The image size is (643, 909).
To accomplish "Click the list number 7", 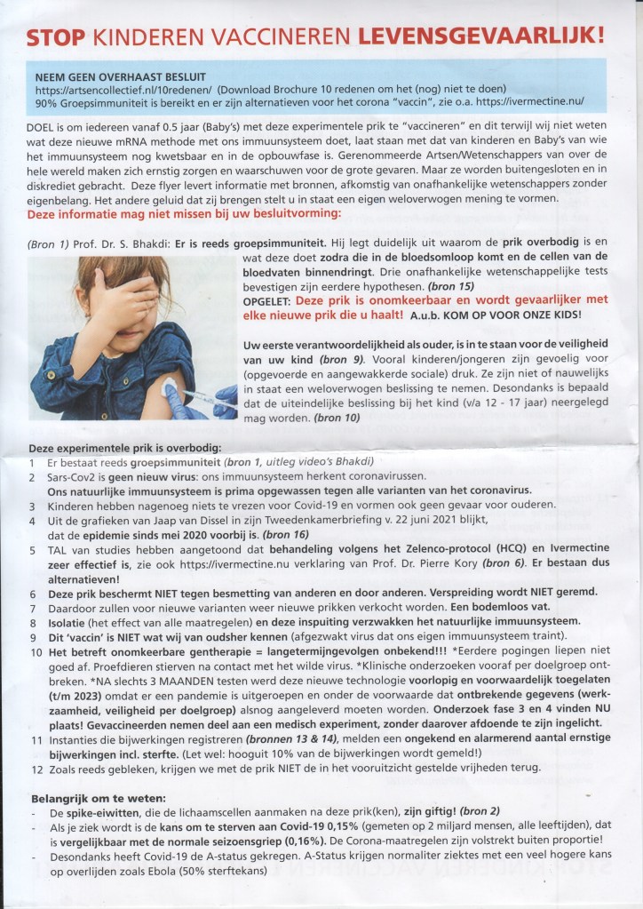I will [x=32, y=608].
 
